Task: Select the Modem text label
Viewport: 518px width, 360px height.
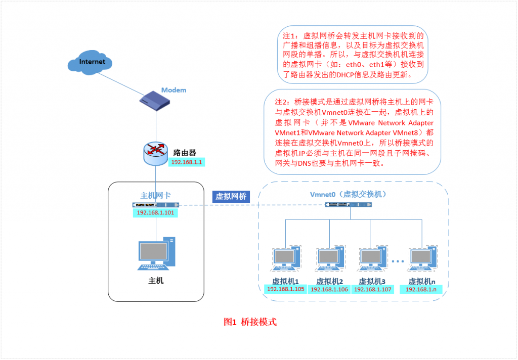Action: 174,90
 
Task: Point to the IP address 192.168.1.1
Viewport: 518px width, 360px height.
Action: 187,162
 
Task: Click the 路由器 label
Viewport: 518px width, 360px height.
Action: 185,152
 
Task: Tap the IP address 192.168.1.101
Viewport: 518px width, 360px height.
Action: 156,213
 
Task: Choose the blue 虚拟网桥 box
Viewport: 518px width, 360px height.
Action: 231,197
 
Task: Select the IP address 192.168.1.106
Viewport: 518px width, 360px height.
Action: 329,289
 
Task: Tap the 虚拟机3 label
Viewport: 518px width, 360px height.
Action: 372,281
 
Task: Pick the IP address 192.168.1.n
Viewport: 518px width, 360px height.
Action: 421,289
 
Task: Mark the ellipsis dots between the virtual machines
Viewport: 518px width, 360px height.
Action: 398,261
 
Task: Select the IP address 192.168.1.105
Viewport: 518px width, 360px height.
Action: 285,289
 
